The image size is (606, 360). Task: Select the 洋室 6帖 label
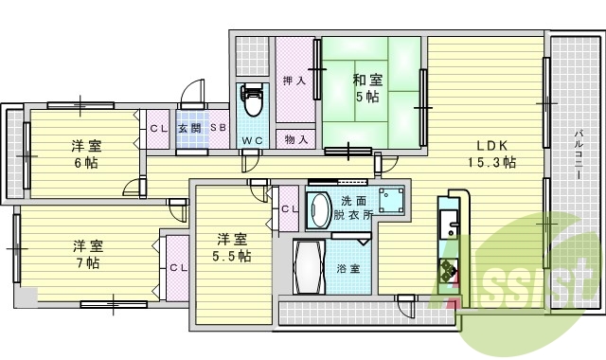click(87, 154)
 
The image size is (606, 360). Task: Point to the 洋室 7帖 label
click(87, 254)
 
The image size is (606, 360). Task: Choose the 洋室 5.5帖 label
click(231, 247)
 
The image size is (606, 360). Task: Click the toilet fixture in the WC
click(252, 99)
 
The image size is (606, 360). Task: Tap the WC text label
click(252, 140)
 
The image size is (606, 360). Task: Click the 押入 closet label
click(294, 81)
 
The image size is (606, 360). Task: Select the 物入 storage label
click(296, 138)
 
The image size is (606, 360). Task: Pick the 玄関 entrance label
click(188, 128)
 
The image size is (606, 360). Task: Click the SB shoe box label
click(217, 128)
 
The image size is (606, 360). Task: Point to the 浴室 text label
click(348, 269)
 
